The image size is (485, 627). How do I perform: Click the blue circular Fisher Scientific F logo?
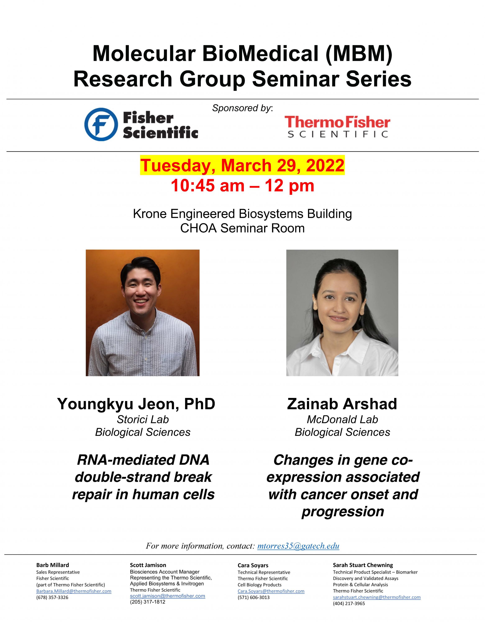pos(101,124)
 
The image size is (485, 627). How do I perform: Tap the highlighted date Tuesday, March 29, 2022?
pos(242,166)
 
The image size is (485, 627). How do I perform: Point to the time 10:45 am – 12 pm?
pos(242,186)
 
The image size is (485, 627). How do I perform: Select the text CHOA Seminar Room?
pos(242,228)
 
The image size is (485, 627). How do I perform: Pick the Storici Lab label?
pos(143,419)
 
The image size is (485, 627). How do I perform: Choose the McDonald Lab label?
pos(342,419)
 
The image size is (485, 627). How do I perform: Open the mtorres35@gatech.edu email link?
pos(298,546)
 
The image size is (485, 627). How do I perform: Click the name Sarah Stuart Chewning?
pos(363,565)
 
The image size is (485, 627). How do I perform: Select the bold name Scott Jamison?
pos(148,565)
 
